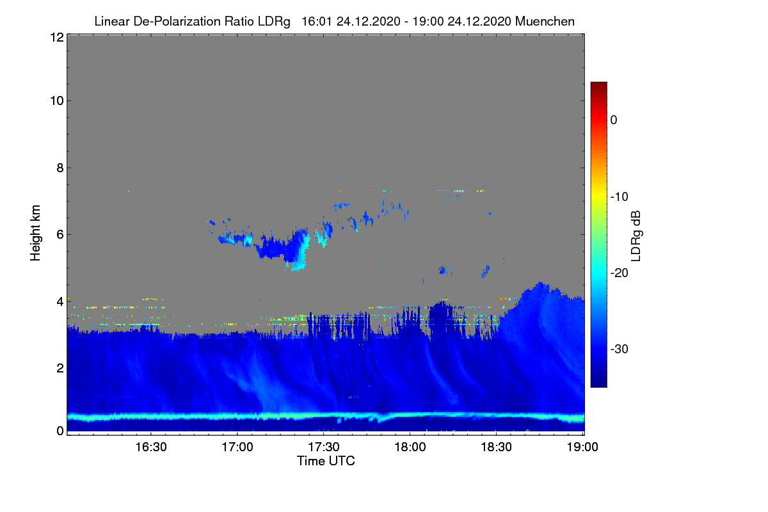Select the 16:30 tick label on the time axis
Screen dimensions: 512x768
[x=151, y=447]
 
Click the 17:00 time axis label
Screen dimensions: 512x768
[x=237, y=447]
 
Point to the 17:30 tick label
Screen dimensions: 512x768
[x=324, y=447]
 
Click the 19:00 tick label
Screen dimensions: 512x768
[x=582, y=447]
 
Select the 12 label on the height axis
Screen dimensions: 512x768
[x=56, y=37]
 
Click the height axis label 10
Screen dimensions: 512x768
[x=56, y=100]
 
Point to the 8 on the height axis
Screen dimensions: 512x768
[x=60, y=168]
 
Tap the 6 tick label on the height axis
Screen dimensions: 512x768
[x=60, y=234]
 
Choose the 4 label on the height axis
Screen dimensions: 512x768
[x=60, y=301]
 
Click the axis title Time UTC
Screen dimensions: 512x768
[x=326, y=461]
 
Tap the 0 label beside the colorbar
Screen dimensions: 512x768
[x=614, y=120]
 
